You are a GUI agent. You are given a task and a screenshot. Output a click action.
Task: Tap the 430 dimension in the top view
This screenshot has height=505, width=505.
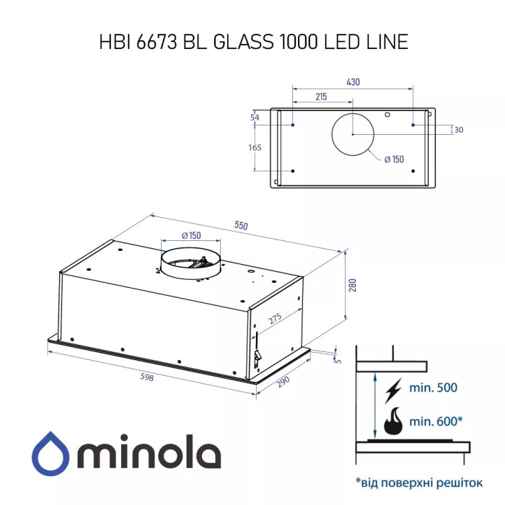click(353, 82)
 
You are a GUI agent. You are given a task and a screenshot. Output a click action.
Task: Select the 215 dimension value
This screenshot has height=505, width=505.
click(322, 97)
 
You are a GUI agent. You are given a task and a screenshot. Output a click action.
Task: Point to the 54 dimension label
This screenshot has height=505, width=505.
click(255, 118)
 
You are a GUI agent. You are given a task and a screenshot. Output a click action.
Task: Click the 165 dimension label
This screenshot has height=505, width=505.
click(255, 147)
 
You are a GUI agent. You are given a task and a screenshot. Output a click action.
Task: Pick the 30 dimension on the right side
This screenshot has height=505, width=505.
click(459, 130)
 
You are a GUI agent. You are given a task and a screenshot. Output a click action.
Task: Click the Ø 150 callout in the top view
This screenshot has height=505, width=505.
click(393, 159)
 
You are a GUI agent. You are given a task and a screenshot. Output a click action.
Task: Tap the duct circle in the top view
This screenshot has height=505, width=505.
click(353, 134)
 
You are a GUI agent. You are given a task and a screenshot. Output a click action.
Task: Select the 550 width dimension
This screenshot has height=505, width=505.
click(240, 226)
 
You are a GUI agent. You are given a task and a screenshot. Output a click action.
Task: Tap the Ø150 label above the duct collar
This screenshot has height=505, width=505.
click(191, 236)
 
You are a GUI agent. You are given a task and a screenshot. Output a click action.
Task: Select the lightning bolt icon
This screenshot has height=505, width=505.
click(394, 390)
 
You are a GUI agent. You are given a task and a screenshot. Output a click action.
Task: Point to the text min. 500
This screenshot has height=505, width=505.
click(433, 388)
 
